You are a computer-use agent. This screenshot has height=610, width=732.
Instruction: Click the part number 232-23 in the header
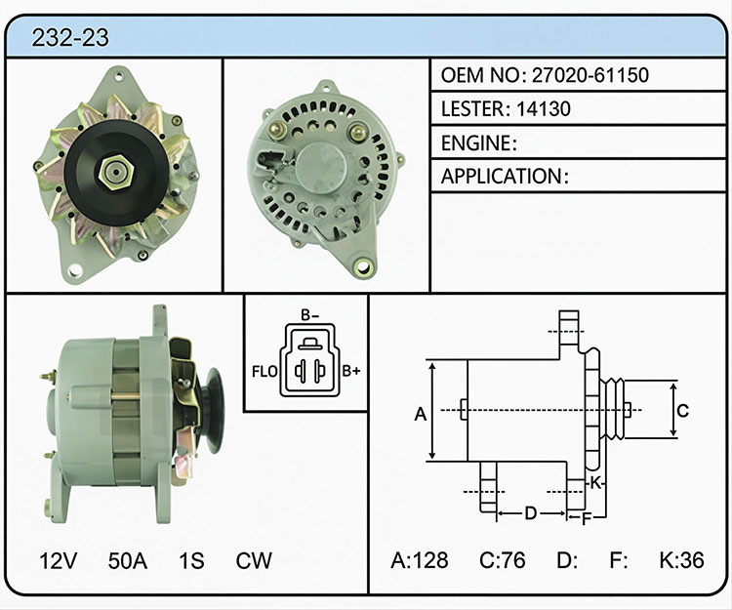(x=70, y=37)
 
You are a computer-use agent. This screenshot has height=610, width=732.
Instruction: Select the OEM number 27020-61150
(x=590, y=75)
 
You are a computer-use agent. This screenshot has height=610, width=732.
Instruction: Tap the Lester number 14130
(x=544, y=108)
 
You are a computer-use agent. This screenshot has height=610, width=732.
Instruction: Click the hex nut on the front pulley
(x=116, y=172)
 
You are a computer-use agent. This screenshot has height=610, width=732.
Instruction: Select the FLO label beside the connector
(x=264, y=372)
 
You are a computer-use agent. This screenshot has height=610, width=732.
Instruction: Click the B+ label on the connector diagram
(x=351, y=371)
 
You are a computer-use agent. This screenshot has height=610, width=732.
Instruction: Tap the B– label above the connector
(x=309, y=315)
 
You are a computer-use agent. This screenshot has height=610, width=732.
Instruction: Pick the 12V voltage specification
(x=59, y=560)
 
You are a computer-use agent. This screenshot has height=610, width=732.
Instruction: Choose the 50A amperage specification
(x=128, y=560)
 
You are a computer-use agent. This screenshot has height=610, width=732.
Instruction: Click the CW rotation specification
(x=254, y=560)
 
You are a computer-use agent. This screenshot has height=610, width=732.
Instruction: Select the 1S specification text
(x=191, y=560)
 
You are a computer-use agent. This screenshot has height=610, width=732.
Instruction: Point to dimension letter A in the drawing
(x=421, y=414)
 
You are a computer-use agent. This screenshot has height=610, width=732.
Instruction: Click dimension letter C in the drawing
(x=682, y=411)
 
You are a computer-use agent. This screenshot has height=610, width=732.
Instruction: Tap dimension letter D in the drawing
(x=530, y=513)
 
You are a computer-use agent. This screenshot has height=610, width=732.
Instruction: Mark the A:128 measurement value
(x=420, y=560)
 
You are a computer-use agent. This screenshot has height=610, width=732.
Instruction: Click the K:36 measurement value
(x=681, y=560)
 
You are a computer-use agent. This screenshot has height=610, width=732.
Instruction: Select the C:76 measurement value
(x=503, y=560)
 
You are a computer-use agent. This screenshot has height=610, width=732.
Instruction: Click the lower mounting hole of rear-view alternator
(x=363, y=267)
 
